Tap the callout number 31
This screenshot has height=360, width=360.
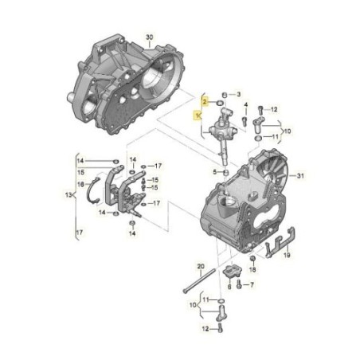[x=300, y=176]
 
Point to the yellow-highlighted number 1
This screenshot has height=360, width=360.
[x=198, y=115]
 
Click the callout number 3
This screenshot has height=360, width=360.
[x=237, y=96]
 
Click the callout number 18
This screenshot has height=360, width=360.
[x=253, y=271]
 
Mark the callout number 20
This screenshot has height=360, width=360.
[x=202, y=266]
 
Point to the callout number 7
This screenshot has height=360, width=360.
[x=250, y=284]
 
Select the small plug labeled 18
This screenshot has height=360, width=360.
[x=252, y=259]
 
